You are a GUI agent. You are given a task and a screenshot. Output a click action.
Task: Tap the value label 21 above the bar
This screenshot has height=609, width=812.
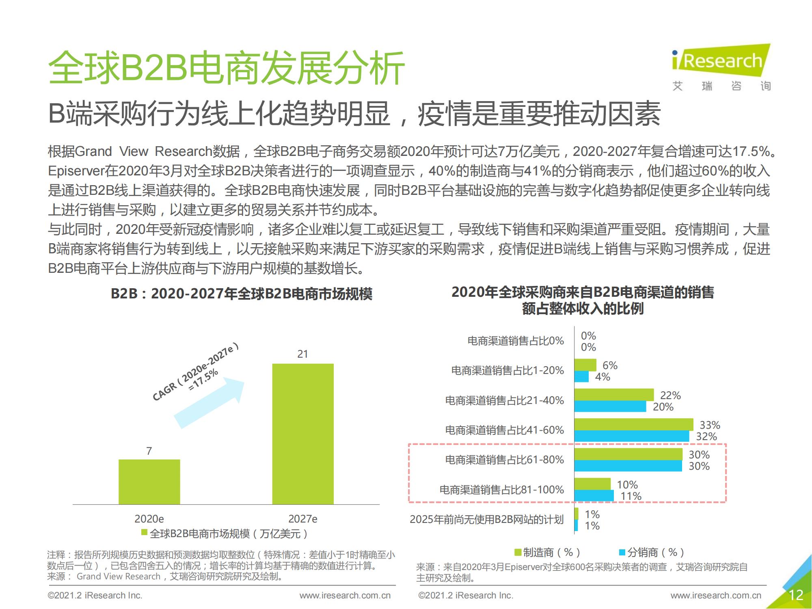click(302, 354)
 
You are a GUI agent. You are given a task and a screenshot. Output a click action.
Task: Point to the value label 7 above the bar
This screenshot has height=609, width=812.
click(149, 451)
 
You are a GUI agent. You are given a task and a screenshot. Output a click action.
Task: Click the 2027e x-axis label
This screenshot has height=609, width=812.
click(302, 519)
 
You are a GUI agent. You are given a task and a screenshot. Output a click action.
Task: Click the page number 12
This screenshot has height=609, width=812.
click(796, 595)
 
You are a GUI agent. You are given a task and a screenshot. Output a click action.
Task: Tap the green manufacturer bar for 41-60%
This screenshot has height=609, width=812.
click(634, 424)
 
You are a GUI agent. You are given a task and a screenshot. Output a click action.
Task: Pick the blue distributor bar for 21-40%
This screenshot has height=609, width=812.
click(610, 406)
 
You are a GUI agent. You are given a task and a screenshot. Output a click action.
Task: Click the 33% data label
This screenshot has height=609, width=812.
click(710, 425)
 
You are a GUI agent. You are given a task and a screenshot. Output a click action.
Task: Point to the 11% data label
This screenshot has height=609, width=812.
click(631, 496)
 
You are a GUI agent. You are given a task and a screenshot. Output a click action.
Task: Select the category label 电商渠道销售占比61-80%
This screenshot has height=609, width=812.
click(504, 460)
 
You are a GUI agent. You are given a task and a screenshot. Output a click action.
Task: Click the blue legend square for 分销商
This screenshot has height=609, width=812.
click(622, 552)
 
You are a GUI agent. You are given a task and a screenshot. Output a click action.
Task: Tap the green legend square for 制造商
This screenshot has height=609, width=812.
click(518, 552)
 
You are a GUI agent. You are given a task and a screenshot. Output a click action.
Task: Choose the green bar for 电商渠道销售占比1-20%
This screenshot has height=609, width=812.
click(585, 365)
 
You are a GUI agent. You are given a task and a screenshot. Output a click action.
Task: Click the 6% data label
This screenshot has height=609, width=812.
click(610, 365)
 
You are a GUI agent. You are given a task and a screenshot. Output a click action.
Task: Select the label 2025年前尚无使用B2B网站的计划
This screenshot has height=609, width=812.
click(486, 519)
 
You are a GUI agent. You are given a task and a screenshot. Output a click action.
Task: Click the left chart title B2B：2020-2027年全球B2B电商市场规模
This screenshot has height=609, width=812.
click(241, 294)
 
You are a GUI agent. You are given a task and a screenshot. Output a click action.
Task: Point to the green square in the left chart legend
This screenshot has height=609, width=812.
click(144, 533)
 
